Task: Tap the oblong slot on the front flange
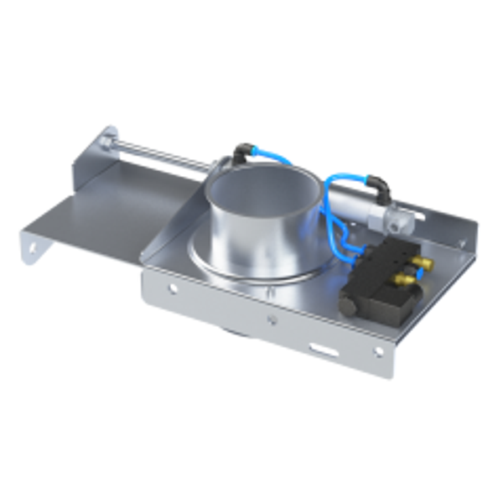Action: click(x=319, y=345)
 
